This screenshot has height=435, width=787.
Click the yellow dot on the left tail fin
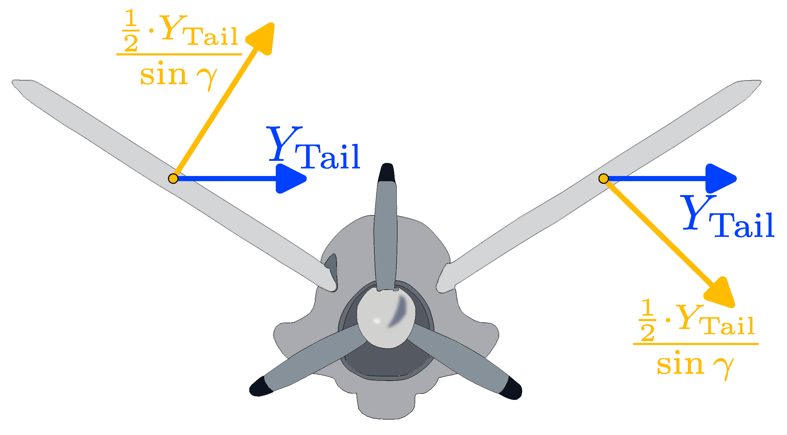173,178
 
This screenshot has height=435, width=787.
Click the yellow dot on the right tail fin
603,178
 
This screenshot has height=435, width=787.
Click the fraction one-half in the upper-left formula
131,31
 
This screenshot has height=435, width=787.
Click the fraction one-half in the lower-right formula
647,320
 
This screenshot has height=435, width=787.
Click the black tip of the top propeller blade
387,173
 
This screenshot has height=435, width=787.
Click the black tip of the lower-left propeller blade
260,387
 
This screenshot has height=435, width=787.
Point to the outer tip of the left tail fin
18,84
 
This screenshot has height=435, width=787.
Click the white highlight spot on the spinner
377,321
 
